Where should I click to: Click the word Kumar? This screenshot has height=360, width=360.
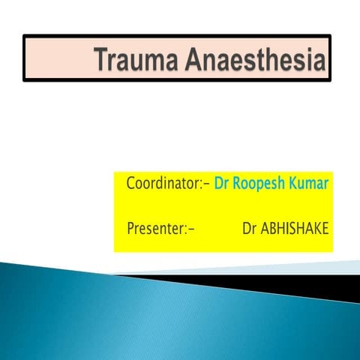coord(310,183)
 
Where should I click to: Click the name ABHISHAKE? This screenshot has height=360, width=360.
coord(295,226)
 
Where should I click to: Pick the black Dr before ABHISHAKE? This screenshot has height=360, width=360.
coord(250,226)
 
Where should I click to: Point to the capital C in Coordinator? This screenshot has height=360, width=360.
coord(131,183)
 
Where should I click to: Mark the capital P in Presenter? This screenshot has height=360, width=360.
coord(130,226)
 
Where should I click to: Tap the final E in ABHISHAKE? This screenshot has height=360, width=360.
coord(325,226)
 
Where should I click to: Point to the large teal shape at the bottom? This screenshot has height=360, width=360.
coord(150,322)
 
